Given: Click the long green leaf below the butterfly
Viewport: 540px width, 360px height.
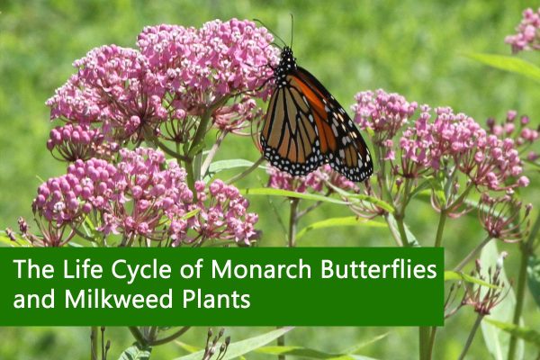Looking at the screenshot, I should (315, 195).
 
